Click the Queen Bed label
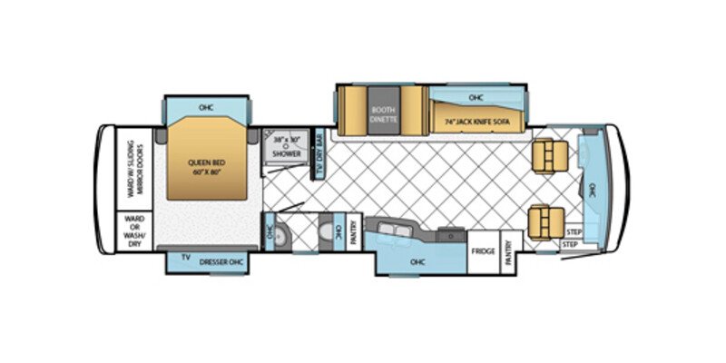pyautogui.click(x=205, y=169)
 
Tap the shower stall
pyautogui.click(x=285, y=149)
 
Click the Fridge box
pyautogui.click(x=483, y=250)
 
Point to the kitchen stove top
pyautogui.click(x=446, y=234)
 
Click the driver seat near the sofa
pyautogui.click(x=547, y=157)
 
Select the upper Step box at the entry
pyautogui.click(x=572, y=232)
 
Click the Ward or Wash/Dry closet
pyautogui.click(x=133, y=231)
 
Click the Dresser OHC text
pyautogui.click(x=223, y=259)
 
